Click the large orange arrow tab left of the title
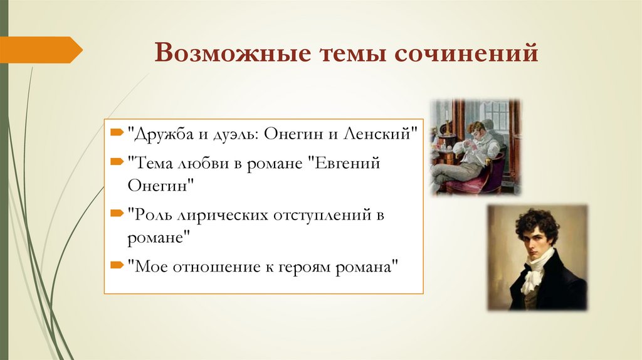coord(40,50)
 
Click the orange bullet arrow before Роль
coord(117,214)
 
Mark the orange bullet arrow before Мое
coord(117,265)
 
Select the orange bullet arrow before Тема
coord(117,162)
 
